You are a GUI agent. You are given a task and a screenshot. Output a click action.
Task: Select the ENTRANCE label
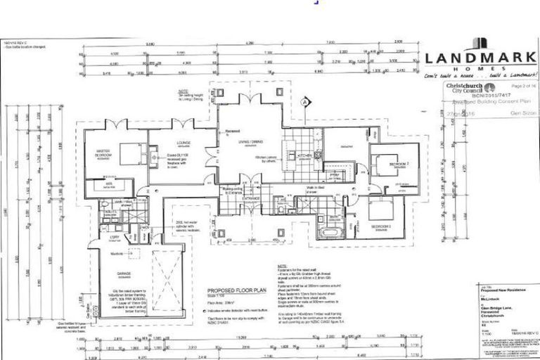pos(252,199)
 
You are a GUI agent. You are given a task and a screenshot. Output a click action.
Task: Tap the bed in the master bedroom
pos(129,150)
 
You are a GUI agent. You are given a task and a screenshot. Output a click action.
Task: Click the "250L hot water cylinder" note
pos(186,225)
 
